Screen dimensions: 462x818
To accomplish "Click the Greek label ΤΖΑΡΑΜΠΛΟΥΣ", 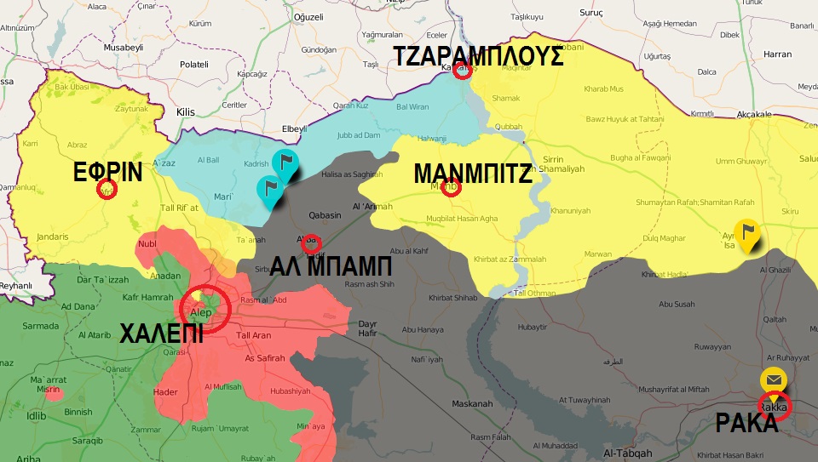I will tap(477, 56).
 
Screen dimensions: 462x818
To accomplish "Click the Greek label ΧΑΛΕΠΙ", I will tap(161, 333).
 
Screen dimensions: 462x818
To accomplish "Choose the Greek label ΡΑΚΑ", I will tap(746, 423).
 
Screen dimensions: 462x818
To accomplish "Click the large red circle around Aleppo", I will tap(205, 307).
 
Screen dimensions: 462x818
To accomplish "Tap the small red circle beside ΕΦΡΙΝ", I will tap(107, 189).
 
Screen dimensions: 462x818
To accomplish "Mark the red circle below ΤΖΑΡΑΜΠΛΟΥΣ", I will tap(462, 71).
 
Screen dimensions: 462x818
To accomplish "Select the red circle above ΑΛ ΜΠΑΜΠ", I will tap(312, 242).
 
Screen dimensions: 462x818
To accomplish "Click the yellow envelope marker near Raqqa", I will tap(774, 380).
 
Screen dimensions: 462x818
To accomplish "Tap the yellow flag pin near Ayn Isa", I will tap(748, 232).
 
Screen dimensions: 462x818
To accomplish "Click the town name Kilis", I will tap(185, 111).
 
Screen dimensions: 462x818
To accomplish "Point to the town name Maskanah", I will tap(472, 403).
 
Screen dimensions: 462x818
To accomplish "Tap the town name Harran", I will tap(776, 54).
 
